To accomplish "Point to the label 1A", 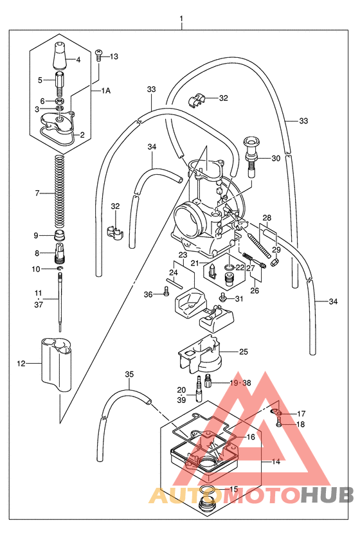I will (x=105, y=91).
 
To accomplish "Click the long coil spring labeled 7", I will (x=59, y=193).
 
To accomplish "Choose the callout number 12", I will (x=21, y=364).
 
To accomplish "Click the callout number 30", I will (x=275, y=158).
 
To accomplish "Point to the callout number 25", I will (x=243, y=352).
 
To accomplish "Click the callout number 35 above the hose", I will (x=129, y=374).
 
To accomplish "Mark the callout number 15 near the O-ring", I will (x=233, y=489).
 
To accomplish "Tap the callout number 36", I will (x=148, y=294).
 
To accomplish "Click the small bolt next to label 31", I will (x=223, y=298).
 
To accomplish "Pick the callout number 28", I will (x=267, y=218).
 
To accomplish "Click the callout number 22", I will (x=239, y=267).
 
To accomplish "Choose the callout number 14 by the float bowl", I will (x=275, y=461).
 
